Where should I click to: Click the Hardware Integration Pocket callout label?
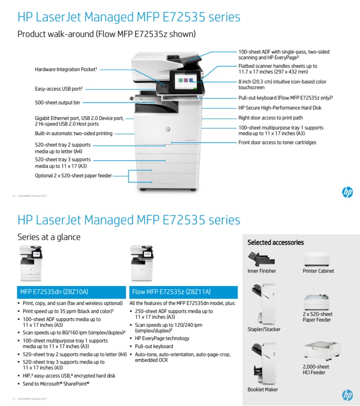pos(66,69)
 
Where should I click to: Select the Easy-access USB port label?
pos(59,88)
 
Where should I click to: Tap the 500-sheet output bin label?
pos(57,102)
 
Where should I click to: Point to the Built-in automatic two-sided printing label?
pos(74,134)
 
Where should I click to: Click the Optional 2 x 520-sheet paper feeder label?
pos(74,176)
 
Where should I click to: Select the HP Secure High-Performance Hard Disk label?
pos(280,108)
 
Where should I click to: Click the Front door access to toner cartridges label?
pos(277,143)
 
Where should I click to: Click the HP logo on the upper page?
pos(347,192)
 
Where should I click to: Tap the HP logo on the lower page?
pos(347,395)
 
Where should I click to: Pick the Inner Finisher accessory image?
pos(261,259)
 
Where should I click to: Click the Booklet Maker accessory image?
pos(263,363)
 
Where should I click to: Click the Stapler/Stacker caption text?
pos(264,329)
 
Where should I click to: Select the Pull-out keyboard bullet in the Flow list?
pos(154,346)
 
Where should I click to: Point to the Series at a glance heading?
pos(49,237)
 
